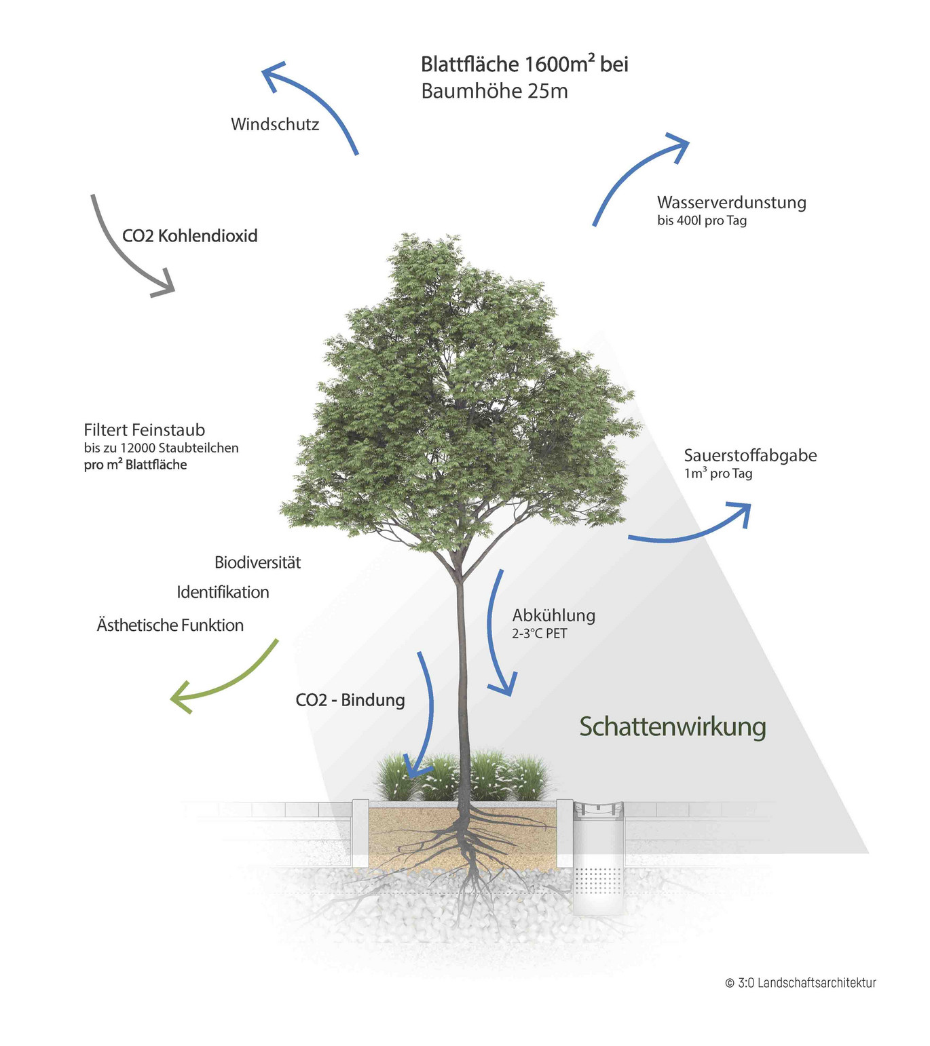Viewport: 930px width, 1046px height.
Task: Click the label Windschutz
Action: click(275, 124)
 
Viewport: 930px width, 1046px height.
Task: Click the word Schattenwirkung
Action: click(672, 727)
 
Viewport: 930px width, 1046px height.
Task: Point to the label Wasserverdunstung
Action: click(731, 202)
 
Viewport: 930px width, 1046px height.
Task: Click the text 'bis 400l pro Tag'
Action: click(701, 220)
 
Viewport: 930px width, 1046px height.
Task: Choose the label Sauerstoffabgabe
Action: click(750, 455)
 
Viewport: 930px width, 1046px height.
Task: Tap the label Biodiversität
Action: click(257, 562)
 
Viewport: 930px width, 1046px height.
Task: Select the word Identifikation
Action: click(223, 592)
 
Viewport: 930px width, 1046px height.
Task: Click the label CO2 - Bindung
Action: click(350, 700)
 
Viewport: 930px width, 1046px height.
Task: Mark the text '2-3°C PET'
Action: click(539, 634)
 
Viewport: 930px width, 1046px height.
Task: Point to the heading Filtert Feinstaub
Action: click(144, 430)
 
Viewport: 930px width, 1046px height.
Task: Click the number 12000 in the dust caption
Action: click(138, 448)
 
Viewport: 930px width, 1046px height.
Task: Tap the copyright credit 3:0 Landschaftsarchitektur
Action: click(801, 983)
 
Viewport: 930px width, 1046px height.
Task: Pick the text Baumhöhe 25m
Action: click(494, 91)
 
